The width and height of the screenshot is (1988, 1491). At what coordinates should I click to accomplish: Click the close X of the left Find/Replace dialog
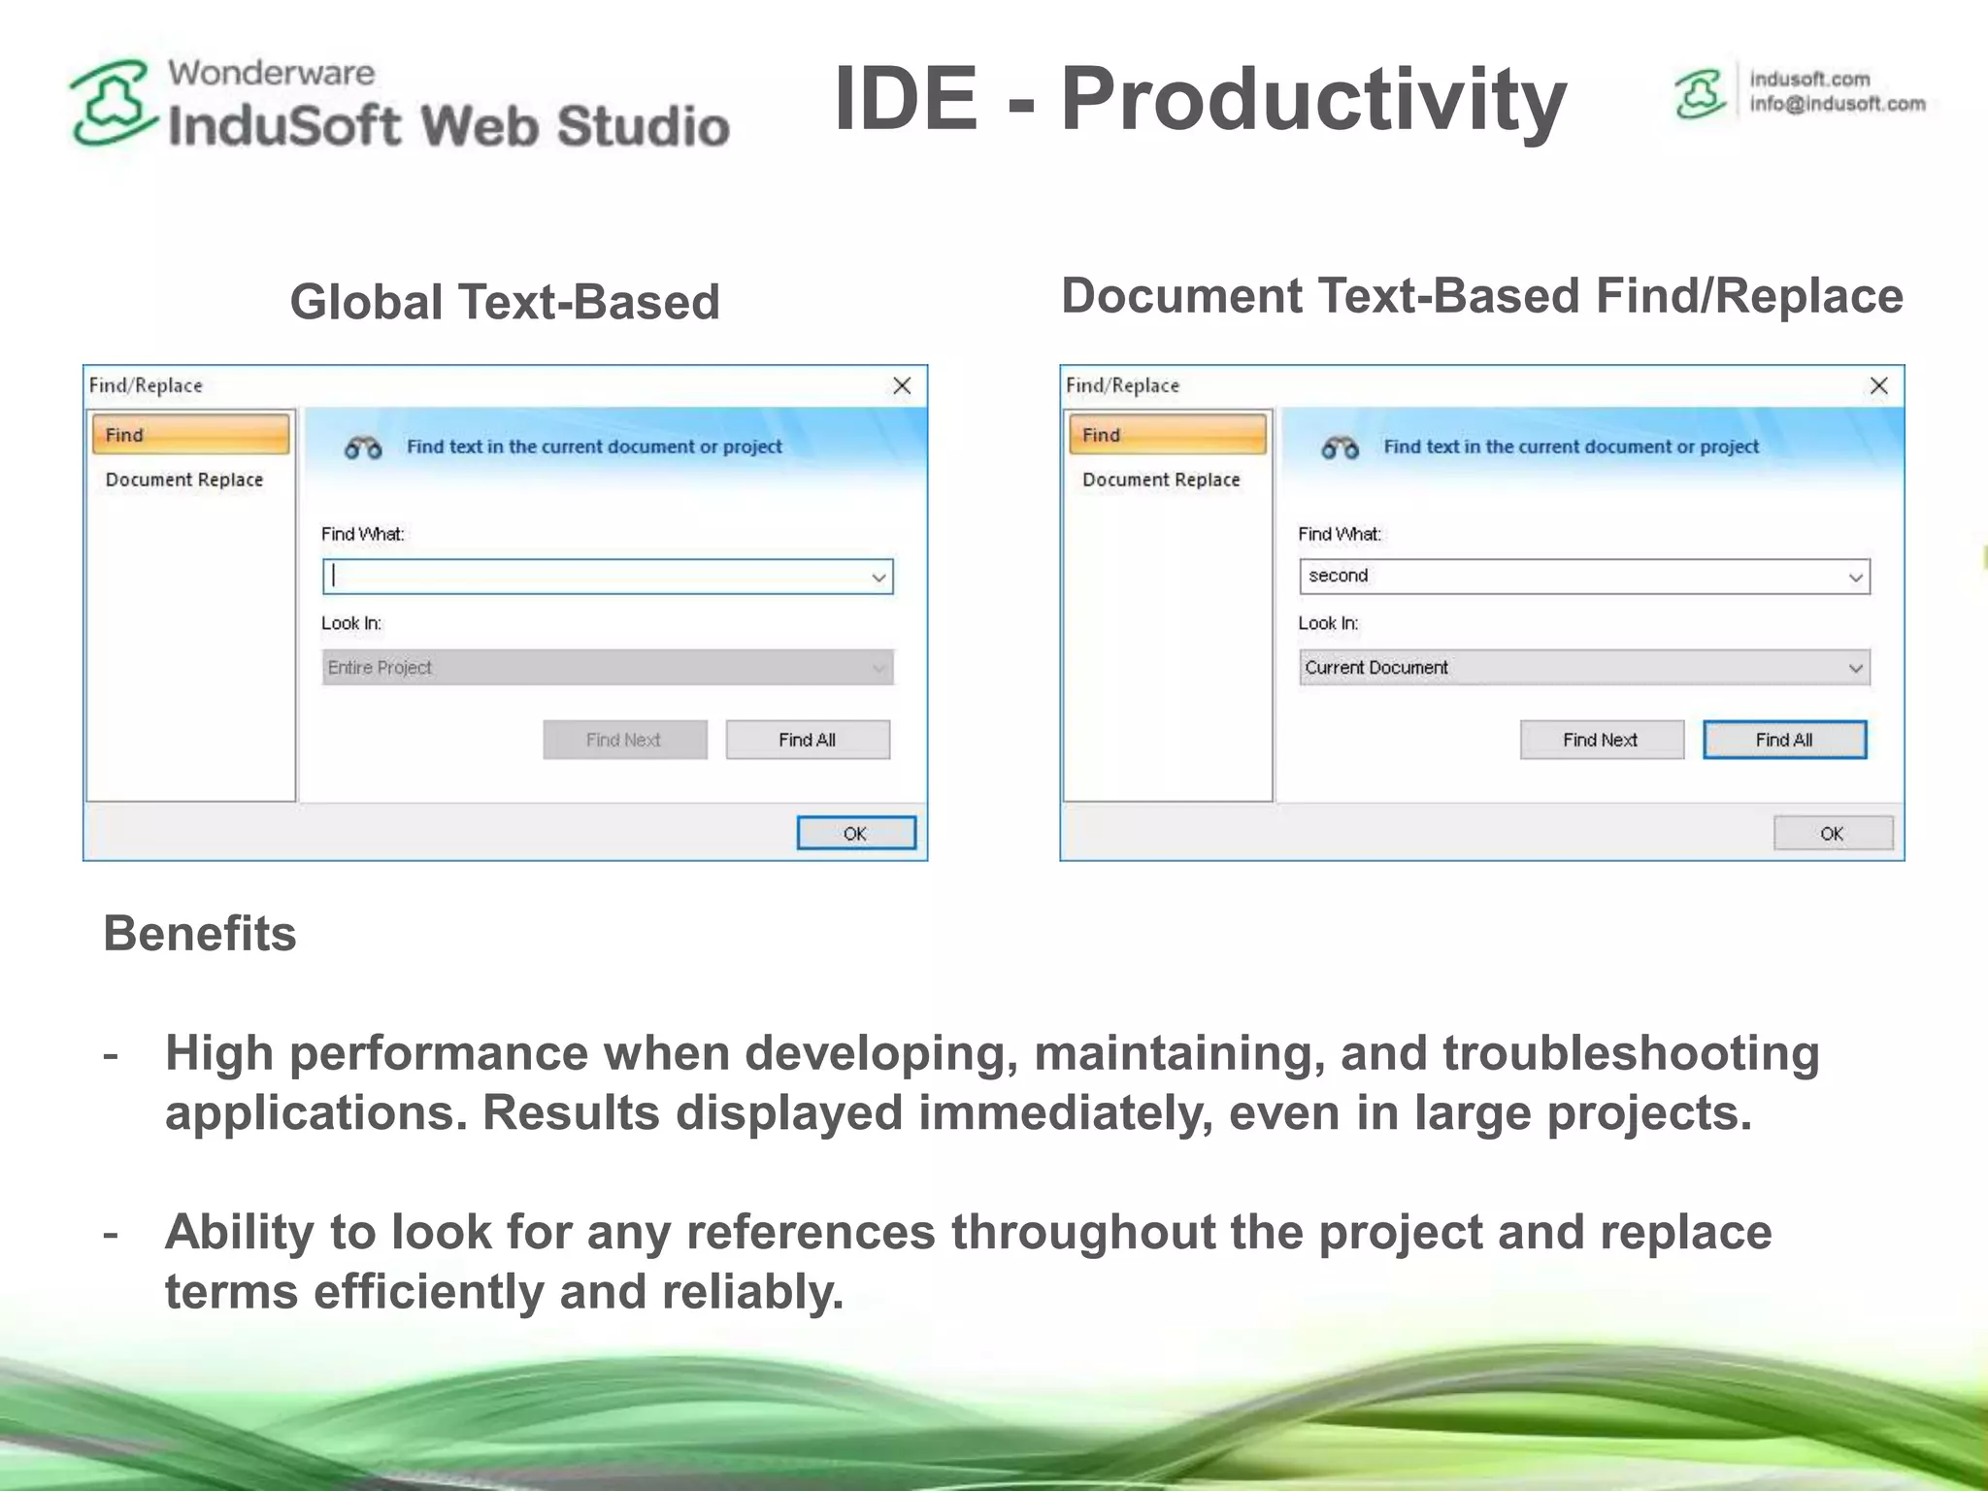pos(902,386)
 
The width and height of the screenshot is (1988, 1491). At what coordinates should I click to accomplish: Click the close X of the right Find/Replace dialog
pos(1878,386)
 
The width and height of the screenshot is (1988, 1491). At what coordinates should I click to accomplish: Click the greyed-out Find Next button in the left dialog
pos(624,740)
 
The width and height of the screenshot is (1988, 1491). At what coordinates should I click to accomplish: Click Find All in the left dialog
pos(807,740)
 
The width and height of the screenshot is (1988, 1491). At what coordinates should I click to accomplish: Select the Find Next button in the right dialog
pos(1601,740)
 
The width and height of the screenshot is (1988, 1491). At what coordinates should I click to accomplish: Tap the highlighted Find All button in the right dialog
pos(1784,740)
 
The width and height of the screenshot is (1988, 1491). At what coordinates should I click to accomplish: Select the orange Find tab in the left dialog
pos(190,435)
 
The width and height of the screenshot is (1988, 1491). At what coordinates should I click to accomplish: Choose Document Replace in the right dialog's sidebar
pos(1161,480)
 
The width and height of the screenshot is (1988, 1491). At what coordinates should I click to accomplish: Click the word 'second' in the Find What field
pos(1338,576)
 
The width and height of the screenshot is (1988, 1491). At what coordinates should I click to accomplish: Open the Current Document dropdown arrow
pos(1855,668)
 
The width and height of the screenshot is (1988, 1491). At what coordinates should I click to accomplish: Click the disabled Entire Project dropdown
pos(607,668)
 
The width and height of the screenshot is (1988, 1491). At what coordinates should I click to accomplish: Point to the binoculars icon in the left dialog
pos(363,447)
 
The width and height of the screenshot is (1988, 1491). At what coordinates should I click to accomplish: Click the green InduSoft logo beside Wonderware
pos(112,103)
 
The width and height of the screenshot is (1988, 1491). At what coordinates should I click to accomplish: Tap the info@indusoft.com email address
pos(1837,104)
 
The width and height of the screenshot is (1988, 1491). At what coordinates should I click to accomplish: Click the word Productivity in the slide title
pos(1313,99)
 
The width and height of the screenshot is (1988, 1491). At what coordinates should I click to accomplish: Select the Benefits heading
pos(200,934)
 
